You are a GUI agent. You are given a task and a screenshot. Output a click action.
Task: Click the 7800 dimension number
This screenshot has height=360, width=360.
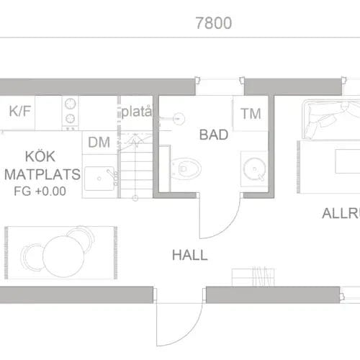tap(213, 23)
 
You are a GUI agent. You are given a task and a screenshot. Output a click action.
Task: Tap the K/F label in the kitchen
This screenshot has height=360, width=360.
tap(20, 112)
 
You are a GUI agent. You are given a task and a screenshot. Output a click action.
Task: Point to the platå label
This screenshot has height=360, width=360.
tap(136, 112)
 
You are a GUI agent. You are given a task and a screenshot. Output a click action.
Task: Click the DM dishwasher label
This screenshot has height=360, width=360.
tap(99, 143)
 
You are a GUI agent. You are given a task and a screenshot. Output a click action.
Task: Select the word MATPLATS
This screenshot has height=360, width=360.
tap(41, 175)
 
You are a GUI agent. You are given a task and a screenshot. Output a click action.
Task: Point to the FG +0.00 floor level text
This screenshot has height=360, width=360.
tap(40, 192)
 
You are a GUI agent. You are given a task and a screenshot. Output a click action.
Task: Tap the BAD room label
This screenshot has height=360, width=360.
tap(214, 135)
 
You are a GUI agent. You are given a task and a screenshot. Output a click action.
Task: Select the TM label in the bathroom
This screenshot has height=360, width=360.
tap(251, 114)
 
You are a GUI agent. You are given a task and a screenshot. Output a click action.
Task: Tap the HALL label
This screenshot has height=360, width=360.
tap(189, 255)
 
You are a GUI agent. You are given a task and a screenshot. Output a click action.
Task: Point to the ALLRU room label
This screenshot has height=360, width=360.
tap(340, 214)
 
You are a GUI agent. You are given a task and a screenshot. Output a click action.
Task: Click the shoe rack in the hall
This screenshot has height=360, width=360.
tap(253, 277)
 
